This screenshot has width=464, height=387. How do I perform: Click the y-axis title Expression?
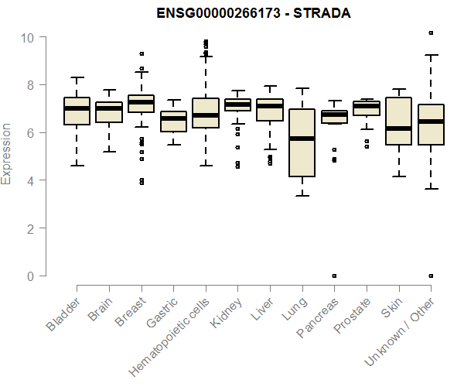click(x=7, y=153)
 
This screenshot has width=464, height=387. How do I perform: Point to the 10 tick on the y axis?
click(x=27, y=37)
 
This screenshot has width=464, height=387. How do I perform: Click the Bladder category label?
click(x=63, y=313)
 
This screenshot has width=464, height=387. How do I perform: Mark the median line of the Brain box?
click(x=109, y=109)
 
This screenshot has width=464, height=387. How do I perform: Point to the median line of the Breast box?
click(x=141, y=102)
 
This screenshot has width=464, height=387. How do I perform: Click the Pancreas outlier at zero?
click(x=334, y=276)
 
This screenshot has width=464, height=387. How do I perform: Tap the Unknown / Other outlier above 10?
click(x=431, y=33)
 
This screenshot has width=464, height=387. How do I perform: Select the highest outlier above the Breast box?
click(x=141, y=53)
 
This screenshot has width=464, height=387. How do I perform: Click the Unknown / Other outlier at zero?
click(x=431, y=276)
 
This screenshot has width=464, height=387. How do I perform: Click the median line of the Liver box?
click(x=270, y=106)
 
